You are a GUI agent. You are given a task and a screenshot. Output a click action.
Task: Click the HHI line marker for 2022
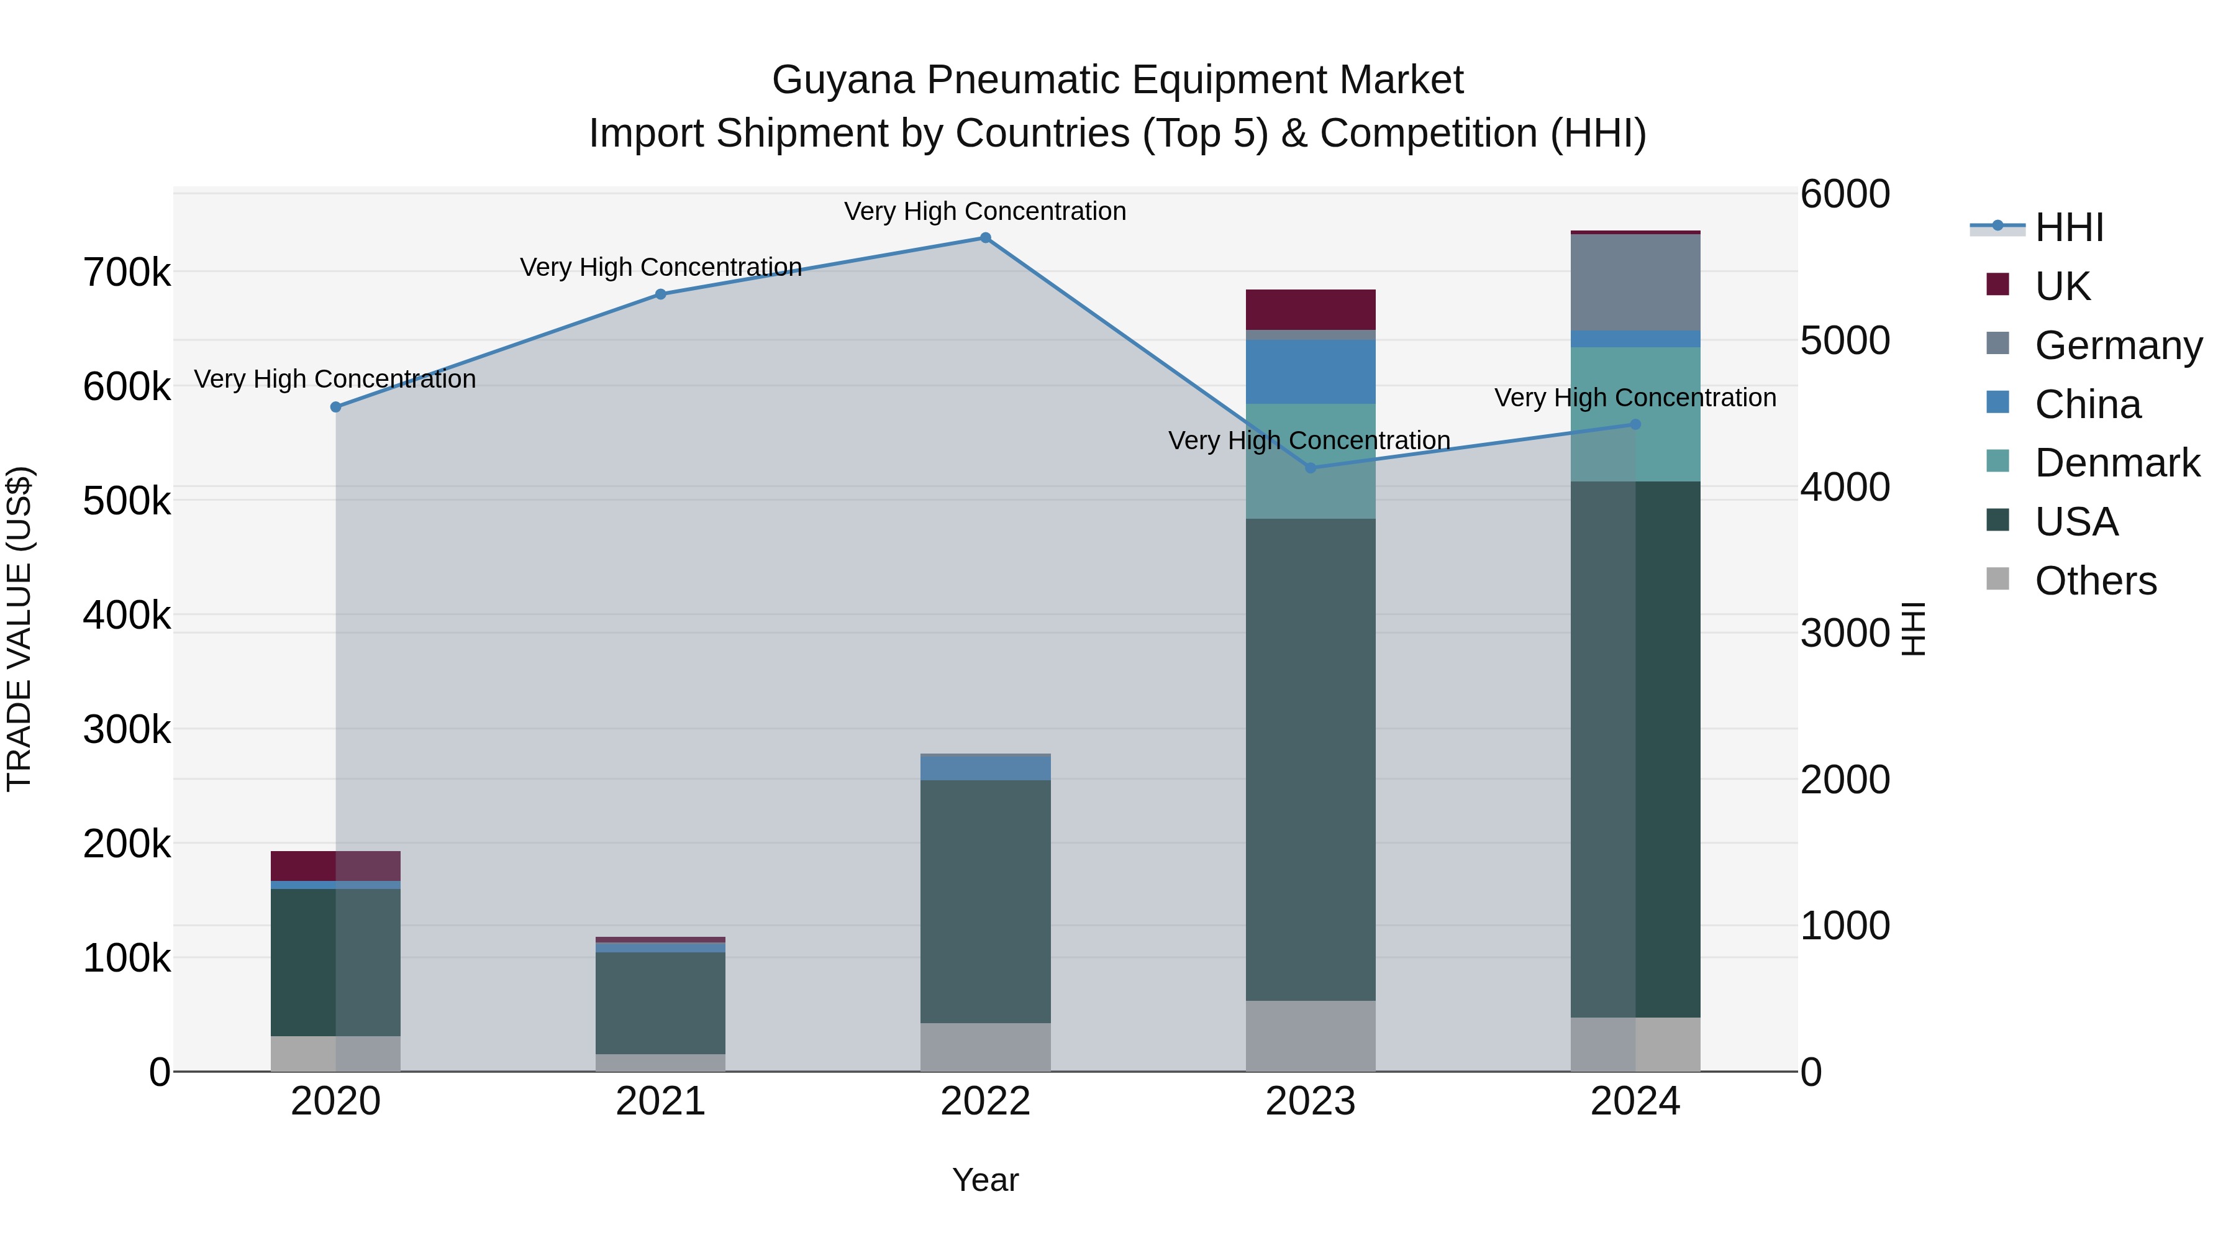coord(985,238)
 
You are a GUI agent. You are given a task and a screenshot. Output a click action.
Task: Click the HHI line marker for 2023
coord(1311,468)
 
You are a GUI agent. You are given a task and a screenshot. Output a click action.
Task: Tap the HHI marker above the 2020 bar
coord(336,407)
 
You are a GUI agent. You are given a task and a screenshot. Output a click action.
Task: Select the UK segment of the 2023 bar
coord(1311,309)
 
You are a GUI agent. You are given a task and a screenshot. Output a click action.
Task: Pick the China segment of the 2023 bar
coord(1311,371)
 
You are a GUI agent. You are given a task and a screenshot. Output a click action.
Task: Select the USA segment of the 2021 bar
coord(661,1003)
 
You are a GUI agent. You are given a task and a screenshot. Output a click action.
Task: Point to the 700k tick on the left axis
coord(127,273)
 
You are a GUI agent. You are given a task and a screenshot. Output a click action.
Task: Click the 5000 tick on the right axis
coord(1845,340)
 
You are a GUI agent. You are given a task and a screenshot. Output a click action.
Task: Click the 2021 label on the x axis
coord(661,1101)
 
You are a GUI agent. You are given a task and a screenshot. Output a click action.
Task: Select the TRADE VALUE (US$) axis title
coord(19,629)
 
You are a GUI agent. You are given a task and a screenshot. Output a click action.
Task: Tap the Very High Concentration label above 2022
coord(985,211)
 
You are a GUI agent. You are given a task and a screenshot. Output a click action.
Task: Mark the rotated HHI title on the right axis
coord(1913,629)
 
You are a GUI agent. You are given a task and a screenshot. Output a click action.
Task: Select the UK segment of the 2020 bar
coord(336,865)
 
